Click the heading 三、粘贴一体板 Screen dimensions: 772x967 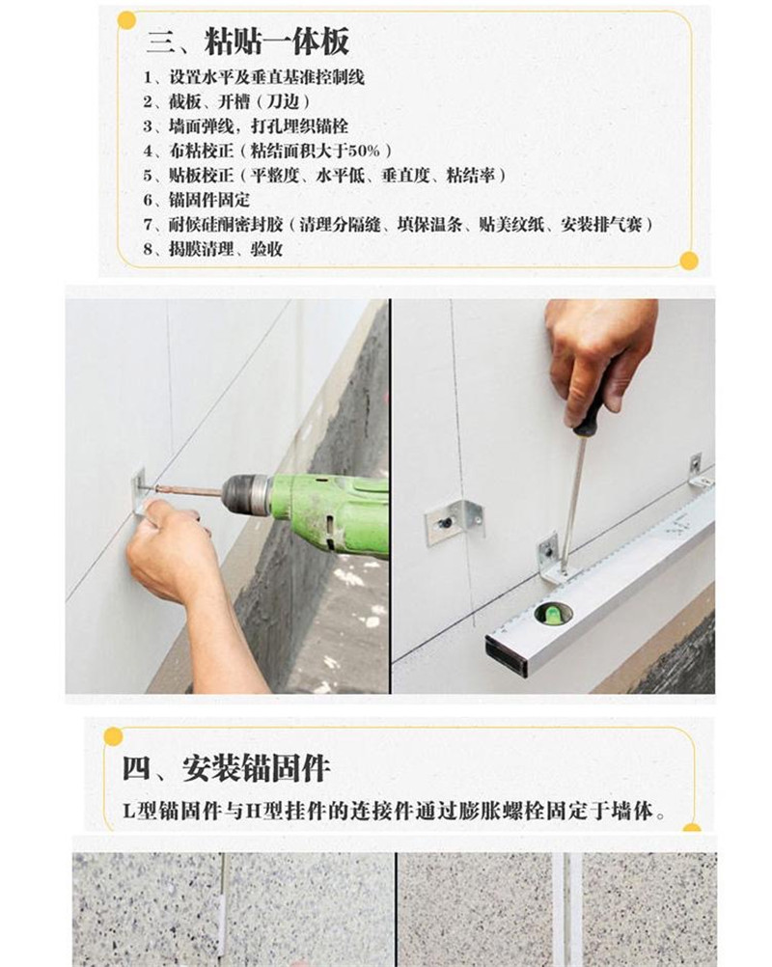click(247, 41)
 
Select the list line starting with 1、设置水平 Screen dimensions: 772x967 click(254, 77)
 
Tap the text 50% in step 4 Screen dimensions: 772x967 click(365, 151)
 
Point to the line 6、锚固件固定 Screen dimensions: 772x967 click(197, 200)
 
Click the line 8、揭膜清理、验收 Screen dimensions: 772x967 click(212, 249)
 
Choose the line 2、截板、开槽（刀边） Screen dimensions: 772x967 click(227, 101)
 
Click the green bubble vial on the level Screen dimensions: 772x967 click(553, 613)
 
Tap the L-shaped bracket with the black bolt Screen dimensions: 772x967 click(454, 522)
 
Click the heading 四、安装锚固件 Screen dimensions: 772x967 click(226, 768)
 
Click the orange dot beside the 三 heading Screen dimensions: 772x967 click(126, 21)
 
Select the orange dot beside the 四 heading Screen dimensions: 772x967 click(114, 736)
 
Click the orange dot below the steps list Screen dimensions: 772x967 click(689, 261)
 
